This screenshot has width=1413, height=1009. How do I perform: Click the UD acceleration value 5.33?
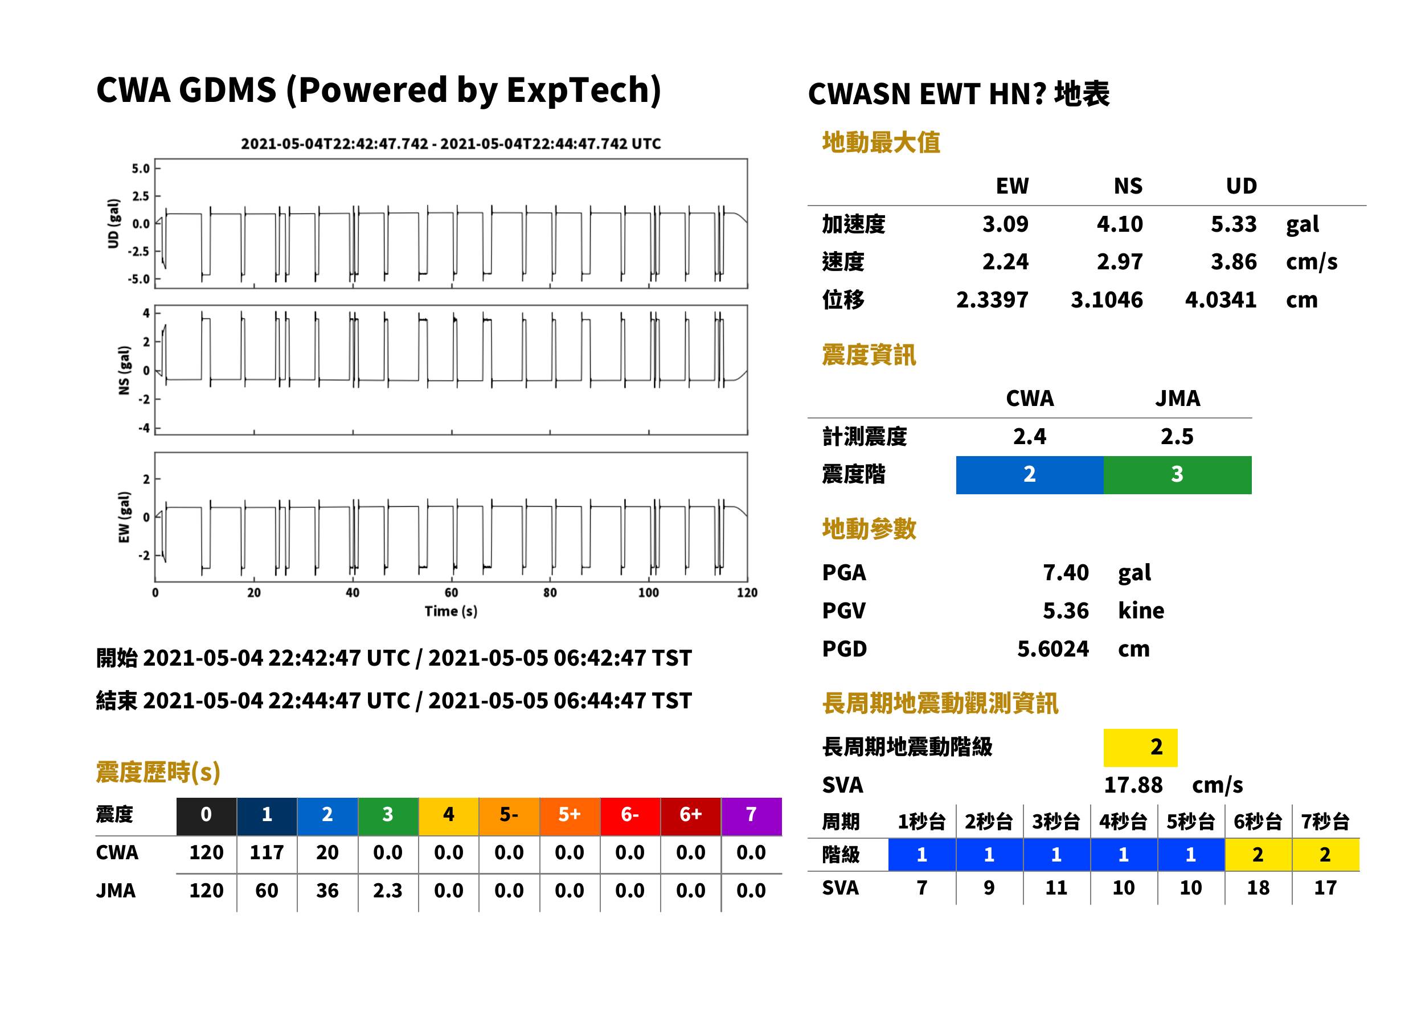tap(1233, 224)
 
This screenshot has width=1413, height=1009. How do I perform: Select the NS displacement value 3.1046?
tap(1106, 300)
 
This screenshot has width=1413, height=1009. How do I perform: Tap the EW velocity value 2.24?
tap(1005, 262)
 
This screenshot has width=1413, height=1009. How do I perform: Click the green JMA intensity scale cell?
tap(1177, 475)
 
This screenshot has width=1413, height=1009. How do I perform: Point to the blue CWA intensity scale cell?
tap(1029, 475)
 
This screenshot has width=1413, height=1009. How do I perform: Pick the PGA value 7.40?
tap(1066, 573)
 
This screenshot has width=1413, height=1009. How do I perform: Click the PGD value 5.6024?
tap(1052, 649)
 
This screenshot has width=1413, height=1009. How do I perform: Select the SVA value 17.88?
tap(1133, 785)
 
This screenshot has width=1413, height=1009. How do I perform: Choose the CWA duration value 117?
tap(267, 852)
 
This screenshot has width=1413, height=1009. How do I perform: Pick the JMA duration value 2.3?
tap(388, 891)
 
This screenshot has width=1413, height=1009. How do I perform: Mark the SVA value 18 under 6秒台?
tap(1258, 888)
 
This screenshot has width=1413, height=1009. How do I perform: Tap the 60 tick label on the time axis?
tap(451, 593)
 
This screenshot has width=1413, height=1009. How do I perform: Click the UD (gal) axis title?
tap(113, 224)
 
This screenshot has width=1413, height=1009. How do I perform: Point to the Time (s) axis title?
tap(451, 612)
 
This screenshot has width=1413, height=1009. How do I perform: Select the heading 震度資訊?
tap(869, 355)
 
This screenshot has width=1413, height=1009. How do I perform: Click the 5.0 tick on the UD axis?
tap(141, 169)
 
